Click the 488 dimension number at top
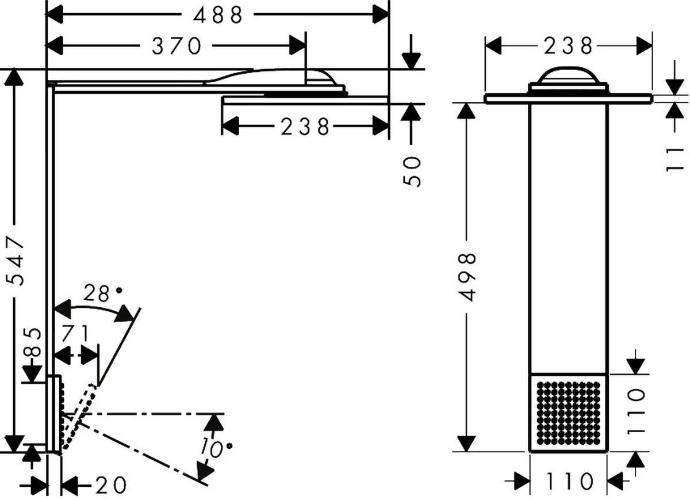point(218,16)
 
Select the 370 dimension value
point(177,46)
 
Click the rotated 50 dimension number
point(412,171)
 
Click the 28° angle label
point(99,294)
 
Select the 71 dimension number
point(76,333)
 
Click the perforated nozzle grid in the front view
point(568,413)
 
